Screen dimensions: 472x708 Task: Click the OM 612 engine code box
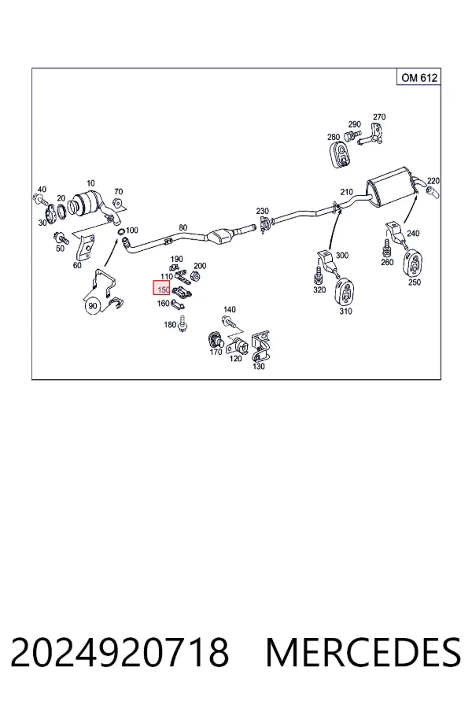418,77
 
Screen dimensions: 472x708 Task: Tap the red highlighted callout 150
162,288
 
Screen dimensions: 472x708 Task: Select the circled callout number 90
93,306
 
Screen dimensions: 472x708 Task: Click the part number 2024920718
120,653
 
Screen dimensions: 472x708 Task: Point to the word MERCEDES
363,653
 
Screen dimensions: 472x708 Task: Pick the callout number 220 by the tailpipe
433,181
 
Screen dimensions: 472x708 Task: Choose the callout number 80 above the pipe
183,227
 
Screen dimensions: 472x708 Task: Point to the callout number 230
262,211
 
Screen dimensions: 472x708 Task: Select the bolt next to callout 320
319,275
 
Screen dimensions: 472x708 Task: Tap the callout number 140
230,309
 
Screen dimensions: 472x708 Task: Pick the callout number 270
379,116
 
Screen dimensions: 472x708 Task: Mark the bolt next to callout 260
386,249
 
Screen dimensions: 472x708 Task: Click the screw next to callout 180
183,325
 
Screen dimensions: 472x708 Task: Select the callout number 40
42,189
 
